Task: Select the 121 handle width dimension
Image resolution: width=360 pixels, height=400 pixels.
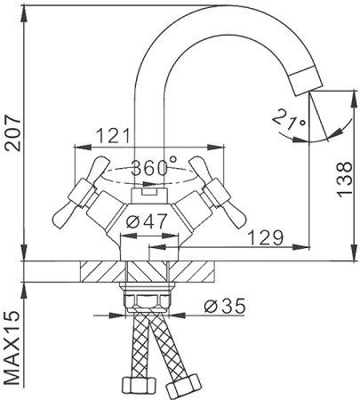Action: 109,137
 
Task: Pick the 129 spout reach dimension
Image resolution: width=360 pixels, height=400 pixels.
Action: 264,237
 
